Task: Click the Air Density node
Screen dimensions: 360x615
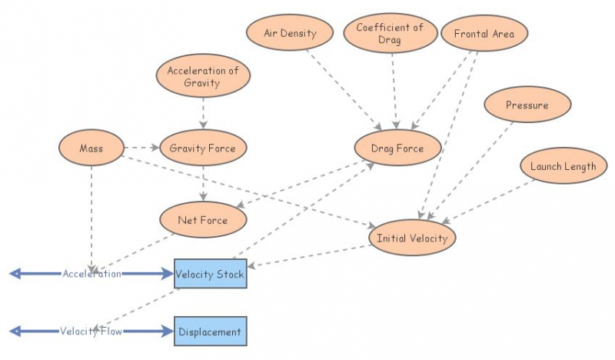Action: pyautogui.click(x=290, y=34)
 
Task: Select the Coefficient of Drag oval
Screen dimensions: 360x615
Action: pyautogui.click(x=390, y=33)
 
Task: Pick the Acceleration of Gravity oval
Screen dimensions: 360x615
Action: pyautogui.click(x=203, y=76)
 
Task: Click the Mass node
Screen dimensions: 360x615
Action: pyautogui.click(x=91, y=148)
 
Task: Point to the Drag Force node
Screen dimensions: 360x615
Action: pyautogui.click(x=397, y=148)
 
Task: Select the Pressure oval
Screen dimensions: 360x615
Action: pyautogui.click(x=527, y=105)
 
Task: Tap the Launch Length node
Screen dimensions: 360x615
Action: pyautogui.click(x=563, y=166)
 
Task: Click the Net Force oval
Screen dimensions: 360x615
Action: pyautogui.click(x=203, y=220)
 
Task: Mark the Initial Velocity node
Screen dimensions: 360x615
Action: pyautogui.click(x=412, y=238)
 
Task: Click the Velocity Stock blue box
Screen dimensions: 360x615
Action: pyautogui.click(x=210, y=274)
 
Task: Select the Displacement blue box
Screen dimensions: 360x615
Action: pyautogui.click(x=210, y=332)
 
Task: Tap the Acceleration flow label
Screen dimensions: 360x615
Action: pyautogui.click(x=92, y=274)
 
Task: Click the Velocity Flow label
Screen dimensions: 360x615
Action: pyautogui.click(x=92, y=332)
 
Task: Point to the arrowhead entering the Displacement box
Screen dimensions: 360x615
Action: pyautogui.click(x=168, y=332)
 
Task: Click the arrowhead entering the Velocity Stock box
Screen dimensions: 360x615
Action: pyautogui.click(x=168, y=274)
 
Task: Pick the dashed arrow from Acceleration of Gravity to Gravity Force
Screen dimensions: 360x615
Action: pyautogui.click(x=203, y=114)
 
